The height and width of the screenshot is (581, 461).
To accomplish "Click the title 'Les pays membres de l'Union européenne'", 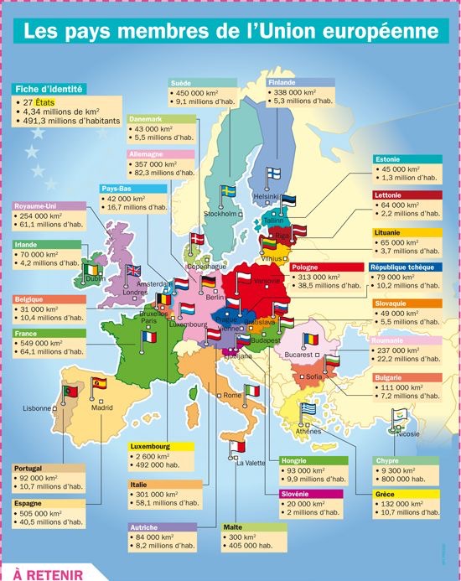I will coord(230,32).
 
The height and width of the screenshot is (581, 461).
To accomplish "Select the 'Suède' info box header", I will coord(181,83).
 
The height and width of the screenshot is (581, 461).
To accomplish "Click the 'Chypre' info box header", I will coord(388,460).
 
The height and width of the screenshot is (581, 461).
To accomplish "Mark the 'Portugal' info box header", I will coord(29,468).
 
